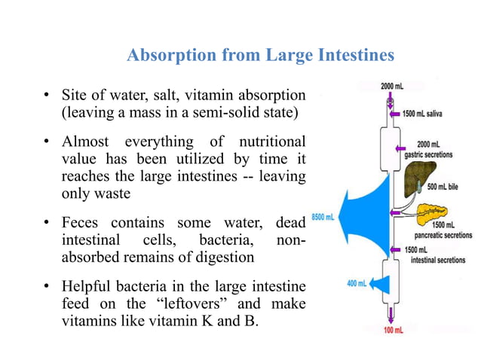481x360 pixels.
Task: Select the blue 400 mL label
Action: pyautogui.click(x=356, y=283)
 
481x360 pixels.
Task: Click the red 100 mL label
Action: pyautogui.click(x=392, y=331)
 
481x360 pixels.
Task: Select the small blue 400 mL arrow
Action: pyautogui.click(x=377, y=284)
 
